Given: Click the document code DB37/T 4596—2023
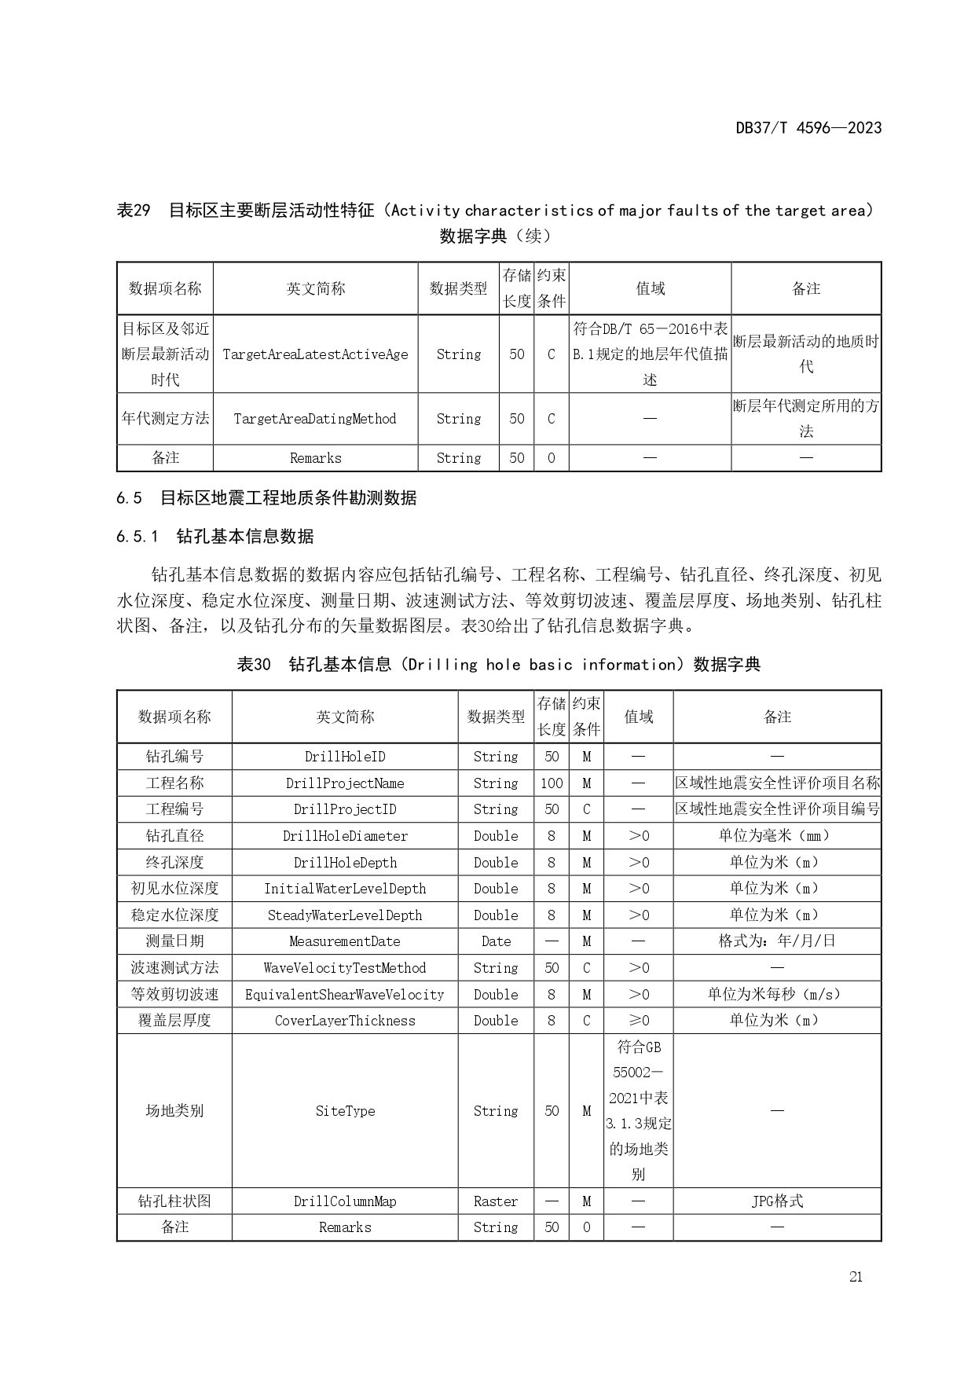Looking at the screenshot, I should tap(808, 127).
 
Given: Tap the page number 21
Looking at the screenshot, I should tap(856, 1276).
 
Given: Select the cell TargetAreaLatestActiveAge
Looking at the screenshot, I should tap(315, 354).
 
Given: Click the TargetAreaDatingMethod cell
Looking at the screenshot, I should tap(315, 419).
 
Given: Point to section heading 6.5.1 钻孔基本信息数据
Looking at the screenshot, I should tap(214, 537).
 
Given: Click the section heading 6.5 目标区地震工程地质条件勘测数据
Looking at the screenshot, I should tap(266, 498).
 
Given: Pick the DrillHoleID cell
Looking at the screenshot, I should tap(345, 757).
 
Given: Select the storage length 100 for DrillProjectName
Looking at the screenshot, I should tap(552, 783).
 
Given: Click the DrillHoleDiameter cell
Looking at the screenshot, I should tap(345, 836).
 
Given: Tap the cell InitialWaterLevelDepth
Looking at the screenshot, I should tap(345, 889).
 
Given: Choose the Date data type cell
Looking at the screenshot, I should tap(496, 941).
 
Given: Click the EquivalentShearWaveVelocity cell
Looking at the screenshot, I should tap(345, 995).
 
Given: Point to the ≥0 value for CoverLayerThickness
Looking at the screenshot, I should tap(638, 1021).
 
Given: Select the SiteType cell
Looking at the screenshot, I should tap(345, 1111).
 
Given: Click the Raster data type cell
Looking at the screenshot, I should tap(496, 1201).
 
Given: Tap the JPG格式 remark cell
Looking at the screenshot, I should tap(777, 1201).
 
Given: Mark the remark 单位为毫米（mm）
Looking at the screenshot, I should tap(777, 836).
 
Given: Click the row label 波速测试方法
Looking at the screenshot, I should tap(174, 968).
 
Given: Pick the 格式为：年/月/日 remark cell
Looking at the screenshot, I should tap(777, 941).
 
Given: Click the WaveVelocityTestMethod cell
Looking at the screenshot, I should tap(345, 968).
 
